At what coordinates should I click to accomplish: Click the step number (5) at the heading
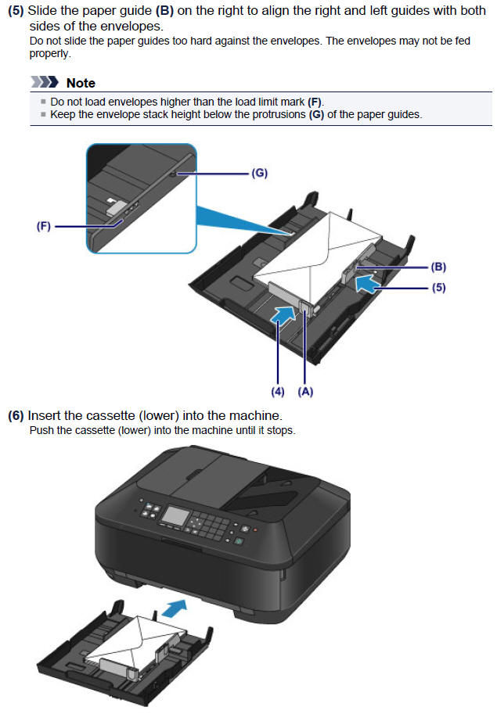(x=16, y=11)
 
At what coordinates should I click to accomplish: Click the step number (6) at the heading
(x=16, y=415)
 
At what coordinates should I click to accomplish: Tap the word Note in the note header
(x=81, y=83)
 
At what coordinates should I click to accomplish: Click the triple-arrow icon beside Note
(x=45, y=83)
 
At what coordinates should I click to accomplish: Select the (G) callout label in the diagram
(x=259, y=174)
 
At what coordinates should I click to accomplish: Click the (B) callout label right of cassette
(x=438, y=267)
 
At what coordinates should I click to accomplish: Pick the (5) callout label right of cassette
(x=438, y=287)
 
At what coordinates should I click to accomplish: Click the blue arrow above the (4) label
(x=283, y=314)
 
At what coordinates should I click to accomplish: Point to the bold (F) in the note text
(x=315, y=102)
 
